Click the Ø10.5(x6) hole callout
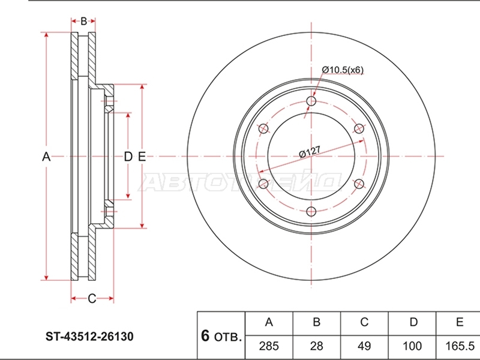(x=343, y=70)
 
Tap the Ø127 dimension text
(x=310, y=152)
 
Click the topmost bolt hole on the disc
(x=311, y=101)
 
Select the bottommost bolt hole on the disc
(x=311, y=212)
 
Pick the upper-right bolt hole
(x=359, y=128)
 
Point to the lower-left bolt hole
(x=263, y=184)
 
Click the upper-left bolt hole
(x=263, y=128)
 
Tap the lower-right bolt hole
(x=359, y=184)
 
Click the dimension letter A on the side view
(x=46, y=157)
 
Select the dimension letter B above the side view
(x=83, y=22)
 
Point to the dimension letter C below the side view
(x=92, y=298)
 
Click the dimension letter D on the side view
(x=128, y=157)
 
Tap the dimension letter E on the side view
(x=142, y=157)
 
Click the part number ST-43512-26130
(x=89, y=337)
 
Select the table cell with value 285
(x=269, y=346)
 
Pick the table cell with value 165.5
(x=458, y=346)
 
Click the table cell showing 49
(x=364, y=346)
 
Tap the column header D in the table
(x=413, y=322)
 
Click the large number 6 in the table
(x=205, y=336)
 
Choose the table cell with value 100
(x=412, y=346)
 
